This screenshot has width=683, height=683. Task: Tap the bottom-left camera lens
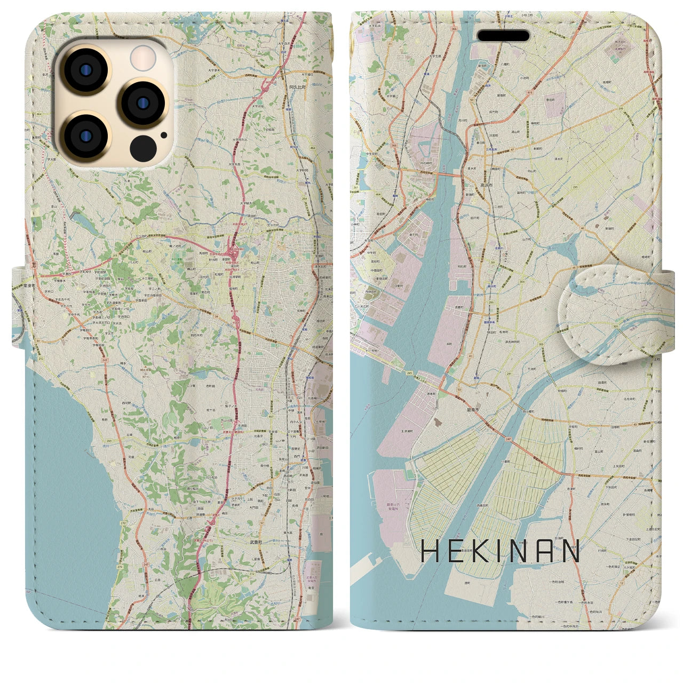coord(85,136)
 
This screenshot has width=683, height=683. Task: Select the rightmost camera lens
coord(142,103)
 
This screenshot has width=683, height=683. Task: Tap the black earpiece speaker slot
coord(503,36)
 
